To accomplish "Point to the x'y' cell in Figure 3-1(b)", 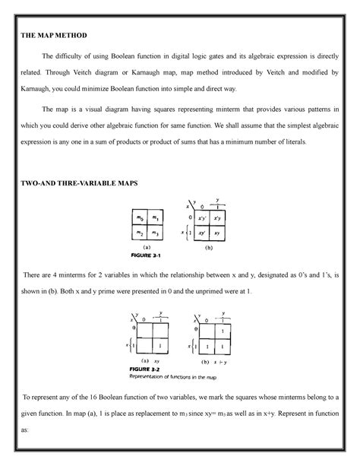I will (203, 219).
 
